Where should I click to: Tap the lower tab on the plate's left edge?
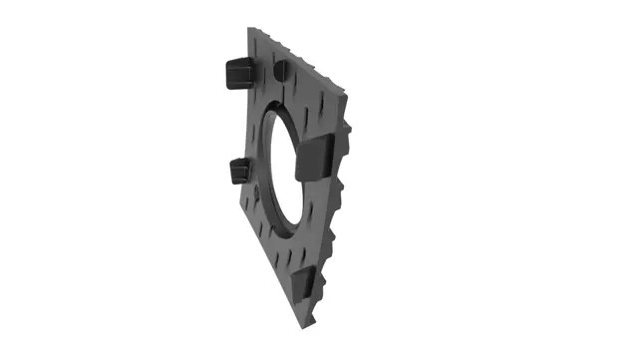[238, 171]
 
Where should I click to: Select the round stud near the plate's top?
[280, 70]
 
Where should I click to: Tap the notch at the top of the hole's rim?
[281, 97]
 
